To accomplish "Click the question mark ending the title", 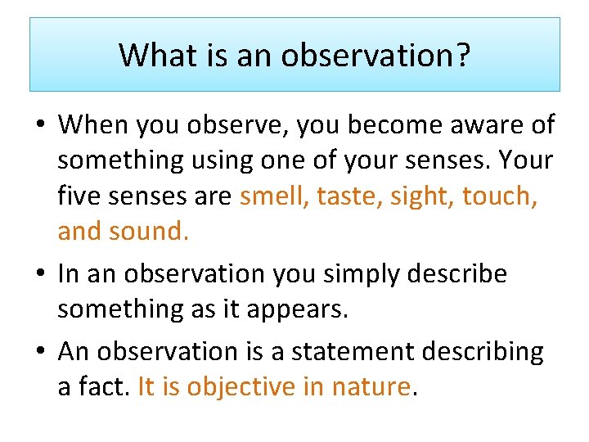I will click(464, 55).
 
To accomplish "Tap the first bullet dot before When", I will click(43, 126).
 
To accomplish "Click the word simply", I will click(344, 274).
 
